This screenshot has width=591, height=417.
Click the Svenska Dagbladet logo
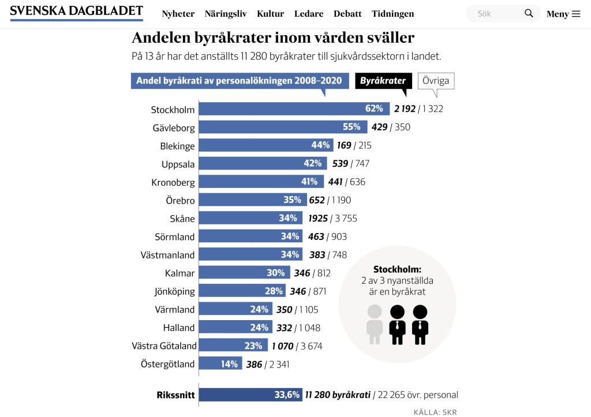coord(76,12)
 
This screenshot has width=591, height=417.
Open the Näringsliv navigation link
coord(226,14)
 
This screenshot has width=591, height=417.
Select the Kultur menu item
coord(270,14)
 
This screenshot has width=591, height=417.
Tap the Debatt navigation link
coord(347,14)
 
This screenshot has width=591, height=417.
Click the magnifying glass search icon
coord(529,13)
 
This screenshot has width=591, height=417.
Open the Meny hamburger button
coord(563,14)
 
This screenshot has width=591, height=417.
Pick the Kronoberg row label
coord(173,182)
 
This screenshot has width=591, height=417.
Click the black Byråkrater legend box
coord(383,81)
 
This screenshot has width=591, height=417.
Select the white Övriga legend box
coord(435,81)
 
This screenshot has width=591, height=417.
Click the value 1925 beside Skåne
coord(318,219)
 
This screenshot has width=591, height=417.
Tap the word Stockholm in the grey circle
coord(397,269)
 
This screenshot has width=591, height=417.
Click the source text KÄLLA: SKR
coord(435,412)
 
